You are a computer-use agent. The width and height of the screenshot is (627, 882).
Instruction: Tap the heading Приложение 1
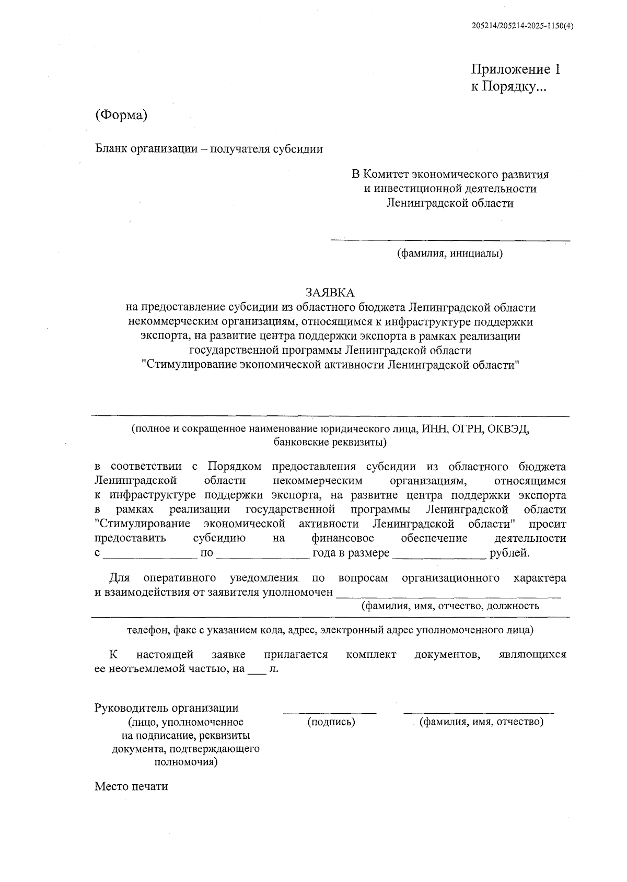(516, 69)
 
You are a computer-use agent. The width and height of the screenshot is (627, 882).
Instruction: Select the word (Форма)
(121, 115)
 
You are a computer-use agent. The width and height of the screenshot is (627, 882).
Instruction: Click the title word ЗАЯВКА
(330, 292)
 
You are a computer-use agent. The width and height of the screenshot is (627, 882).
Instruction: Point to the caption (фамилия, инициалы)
(450, 254)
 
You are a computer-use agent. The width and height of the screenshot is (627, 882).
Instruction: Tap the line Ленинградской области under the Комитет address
(450, 203)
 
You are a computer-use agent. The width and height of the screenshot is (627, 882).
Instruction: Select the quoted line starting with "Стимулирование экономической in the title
(330, 365)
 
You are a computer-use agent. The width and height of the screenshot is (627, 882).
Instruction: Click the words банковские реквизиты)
(330, 443)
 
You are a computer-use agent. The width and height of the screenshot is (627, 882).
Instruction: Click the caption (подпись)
(331, 723)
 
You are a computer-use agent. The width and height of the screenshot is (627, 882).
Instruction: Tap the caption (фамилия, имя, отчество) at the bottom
(482, 723)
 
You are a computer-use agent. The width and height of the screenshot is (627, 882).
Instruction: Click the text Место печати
(131, 786)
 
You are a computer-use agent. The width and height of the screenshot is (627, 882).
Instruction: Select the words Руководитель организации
(166, 708)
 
